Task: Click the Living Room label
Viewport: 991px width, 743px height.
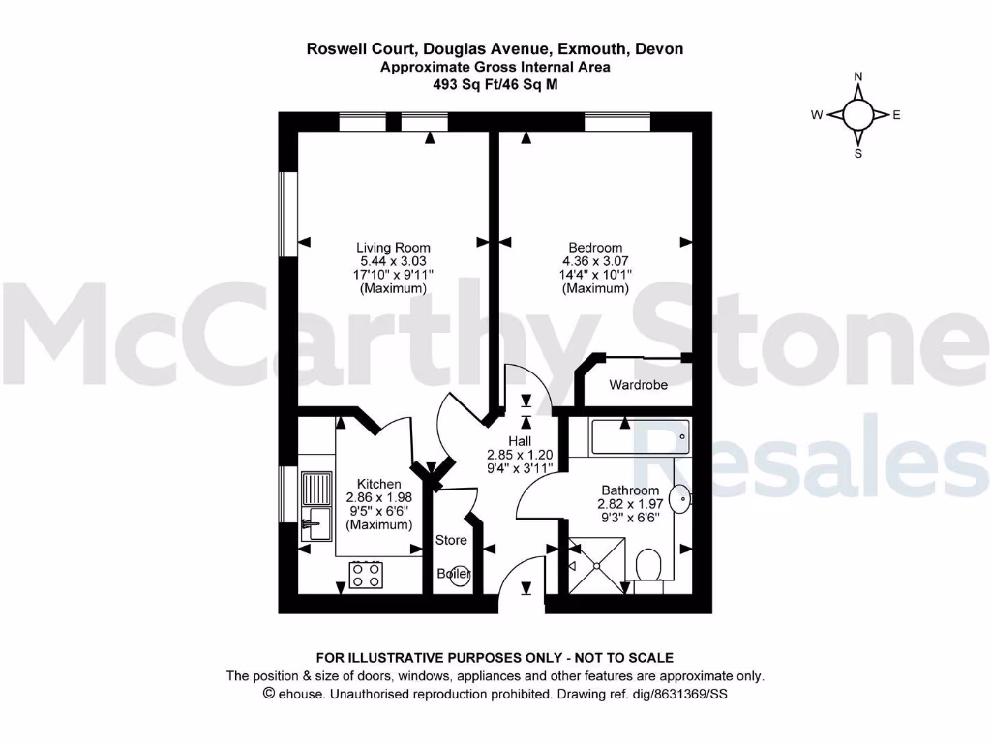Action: (393, 248)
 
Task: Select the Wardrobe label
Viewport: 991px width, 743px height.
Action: (638, 385)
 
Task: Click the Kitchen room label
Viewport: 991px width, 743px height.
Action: (379, 484)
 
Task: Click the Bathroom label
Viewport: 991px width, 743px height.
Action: (630, 490)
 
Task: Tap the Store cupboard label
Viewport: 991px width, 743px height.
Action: (451, 540)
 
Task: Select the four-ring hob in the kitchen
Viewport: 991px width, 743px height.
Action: (367, 576)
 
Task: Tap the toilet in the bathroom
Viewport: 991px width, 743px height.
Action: (648, 564)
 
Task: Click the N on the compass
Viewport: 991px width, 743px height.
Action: (858, 77)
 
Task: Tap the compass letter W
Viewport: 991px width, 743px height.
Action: (817, 115)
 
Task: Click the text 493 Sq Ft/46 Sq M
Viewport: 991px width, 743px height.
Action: (495, 84)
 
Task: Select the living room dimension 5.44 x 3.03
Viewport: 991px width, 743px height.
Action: (393, 261)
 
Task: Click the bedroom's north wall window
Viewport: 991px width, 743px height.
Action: (616, 121)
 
